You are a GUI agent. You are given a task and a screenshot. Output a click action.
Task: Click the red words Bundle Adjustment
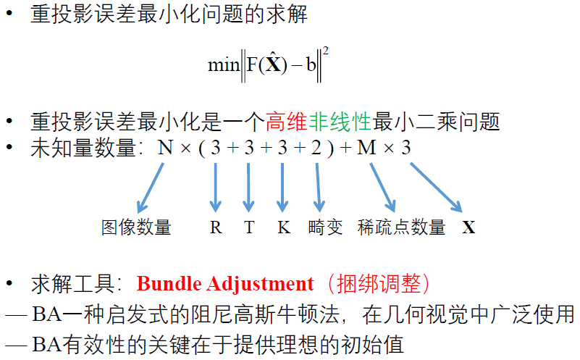[225, 283]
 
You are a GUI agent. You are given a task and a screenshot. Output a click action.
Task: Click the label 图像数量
[136, 227]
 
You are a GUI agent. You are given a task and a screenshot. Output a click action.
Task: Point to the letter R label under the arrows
[216, 227]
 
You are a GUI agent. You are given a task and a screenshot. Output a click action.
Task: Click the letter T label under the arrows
[249, 227]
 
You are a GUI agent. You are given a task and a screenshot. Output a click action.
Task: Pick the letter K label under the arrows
[283, 227]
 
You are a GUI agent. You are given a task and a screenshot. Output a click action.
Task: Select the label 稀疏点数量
[402, 227]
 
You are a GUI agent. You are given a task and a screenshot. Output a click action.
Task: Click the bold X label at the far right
[469, 227]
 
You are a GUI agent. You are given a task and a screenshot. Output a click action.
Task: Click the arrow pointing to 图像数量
[151, 188]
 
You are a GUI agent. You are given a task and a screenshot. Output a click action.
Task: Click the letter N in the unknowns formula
[166, 148]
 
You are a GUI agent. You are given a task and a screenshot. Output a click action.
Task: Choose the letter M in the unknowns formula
[367, 148]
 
